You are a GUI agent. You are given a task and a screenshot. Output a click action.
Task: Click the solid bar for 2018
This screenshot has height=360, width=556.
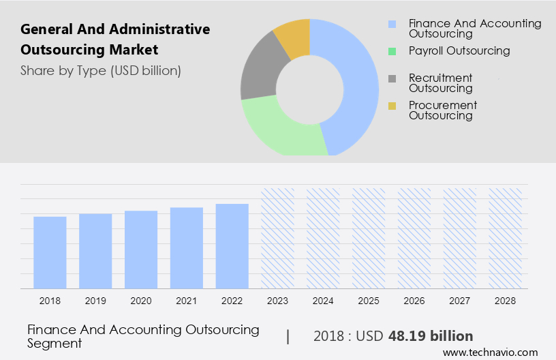pos(50,252)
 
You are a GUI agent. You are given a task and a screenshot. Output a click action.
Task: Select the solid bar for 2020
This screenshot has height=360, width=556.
pos(141,250)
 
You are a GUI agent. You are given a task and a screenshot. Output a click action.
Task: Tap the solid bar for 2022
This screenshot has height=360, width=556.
pos(232,246)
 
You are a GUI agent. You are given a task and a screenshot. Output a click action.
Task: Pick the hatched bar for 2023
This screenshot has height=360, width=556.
pos(277,238)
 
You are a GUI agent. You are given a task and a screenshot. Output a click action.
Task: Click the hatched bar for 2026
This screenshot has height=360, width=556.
pos(414,238)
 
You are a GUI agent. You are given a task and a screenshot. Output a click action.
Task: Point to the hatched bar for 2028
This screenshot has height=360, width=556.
pos(506,238)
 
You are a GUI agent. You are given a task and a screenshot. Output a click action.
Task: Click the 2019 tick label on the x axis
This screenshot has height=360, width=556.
pos(95,300)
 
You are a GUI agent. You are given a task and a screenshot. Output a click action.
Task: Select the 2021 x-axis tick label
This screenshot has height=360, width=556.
pos(187,300)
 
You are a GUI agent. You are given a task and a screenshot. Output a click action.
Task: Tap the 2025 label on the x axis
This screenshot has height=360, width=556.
pos(369,300)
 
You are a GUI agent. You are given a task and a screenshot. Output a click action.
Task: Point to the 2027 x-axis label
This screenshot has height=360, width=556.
pos(460,300)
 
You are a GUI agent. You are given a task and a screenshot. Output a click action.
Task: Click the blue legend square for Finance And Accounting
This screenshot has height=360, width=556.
pos(392,24)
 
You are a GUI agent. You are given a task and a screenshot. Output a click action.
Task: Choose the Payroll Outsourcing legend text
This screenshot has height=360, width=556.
pos(459,51)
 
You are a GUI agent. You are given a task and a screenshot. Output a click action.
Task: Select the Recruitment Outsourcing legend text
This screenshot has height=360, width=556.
pos(440,83)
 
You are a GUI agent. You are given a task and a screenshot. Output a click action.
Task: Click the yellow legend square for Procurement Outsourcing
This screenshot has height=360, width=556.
pos(392,106)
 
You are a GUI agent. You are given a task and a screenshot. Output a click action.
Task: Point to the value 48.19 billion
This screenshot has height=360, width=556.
pos(431,336)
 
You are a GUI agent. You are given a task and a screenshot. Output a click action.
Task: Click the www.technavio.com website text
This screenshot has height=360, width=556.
pos(490,352)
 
